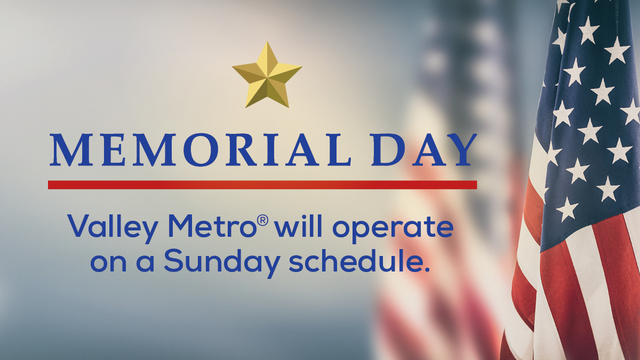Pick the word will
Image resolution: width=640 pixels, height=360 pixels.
coord(295,227)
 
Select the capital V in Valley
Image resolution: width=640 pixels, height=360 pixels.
coord(79,227)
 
